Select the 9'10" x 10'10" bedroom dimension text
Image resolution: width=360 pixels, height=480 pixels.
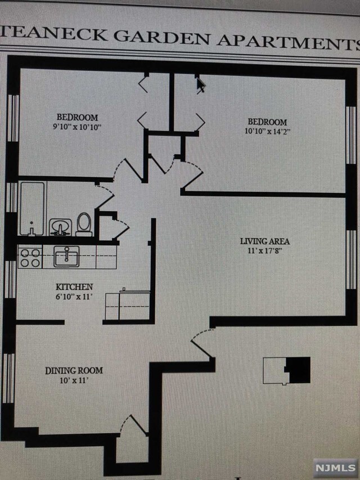tap(77, 128)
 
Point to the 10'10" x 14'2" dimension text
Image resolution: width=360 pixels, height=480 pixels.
tap(267, 132)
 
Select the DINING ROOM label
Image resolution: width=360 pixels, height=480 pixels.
tap(74, 371)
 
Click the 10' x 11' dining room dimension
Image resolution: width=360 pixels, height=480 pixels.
tap(73, 381)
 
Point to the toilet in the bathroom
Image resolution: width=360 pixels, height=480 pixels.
tap(84, 223)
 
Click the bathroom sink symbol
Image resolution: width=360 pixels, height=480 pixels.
tap(60, 227)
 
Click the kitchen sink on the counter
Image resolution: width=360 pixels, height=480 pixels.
tap(66, 256)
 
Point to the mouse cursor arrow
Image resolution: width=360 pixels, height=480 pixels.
tap(201, 85)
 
